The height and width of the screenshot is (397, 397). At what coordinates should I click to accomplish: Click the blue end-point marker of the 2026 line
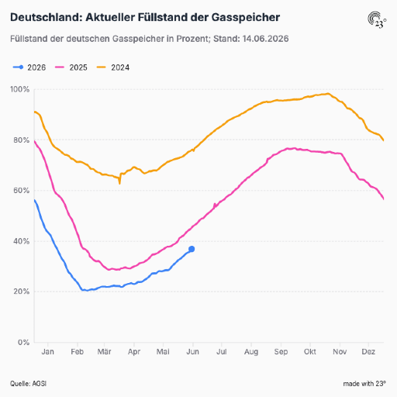192,249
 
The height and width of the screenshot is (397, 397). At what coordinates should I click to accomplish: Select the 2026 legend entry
29,67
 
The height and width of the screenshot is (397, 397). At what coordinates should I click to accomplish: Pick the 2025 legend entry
71,67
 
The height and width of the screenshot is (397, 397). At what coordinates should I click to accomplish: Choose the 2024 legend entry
113,67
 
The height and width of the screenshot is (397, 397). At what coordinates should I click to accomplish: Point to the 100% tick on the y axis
20,89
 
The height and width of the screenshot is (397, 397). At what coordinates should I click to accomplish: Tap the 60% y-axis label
22,191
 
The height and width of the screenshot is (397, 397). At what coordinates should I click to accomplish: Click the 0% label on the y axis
23,342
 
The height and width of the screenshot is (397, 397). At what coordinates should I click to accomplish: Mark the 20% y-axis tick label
22,292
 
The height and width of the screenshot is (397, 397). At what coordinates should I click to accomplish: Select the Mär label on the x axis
104,352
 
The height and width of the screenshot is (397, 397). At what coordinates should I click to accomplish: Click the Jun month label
193,352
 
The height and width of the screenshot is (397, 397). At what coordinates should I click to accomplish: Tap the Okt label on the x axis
310,352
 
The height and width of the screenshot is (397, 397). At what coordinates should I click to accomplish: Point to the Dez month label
368,352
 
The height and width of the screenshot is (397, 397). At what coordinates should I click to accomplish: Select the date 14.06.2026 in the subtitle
265,39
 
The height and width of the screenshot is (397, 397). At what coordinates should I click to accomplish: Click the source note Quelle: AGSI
28,384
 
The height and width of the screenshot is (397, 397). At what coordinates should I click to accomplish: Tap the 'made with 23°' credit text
364,384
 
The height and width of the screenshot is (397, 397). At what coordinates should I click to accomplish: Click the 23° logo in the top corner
377,19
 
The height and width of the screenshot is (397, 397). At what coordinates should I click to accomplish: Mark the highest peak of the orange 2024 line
328,94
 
